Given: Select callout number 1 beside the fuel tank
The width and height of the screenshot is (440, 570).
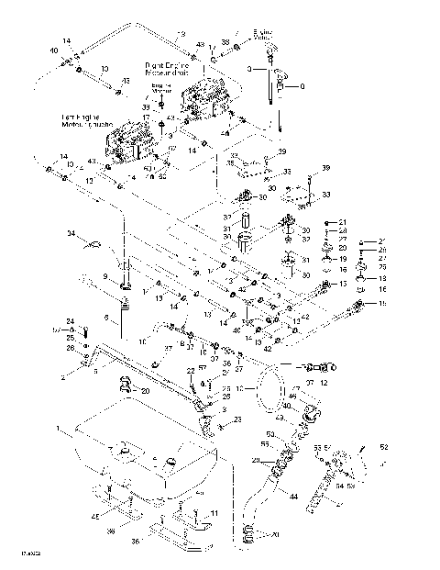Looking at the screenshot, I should click(x=60, y=429).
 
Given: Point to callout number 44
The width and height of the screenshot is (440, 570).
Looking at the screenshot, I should click(x=293, y=497).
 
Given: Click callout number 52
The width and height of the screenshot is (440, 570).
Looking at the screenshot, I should click(x=384, y=447).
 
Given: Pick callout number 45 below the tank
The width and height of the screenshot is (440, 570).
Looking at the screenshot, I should click(x=94, y=517).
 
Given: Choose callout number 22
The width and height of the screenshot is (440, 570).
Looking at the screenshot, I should click(x=191, y=370).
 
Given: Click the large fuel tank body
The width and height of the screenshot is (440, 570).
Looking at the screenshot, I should click(x=137, y=441).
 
